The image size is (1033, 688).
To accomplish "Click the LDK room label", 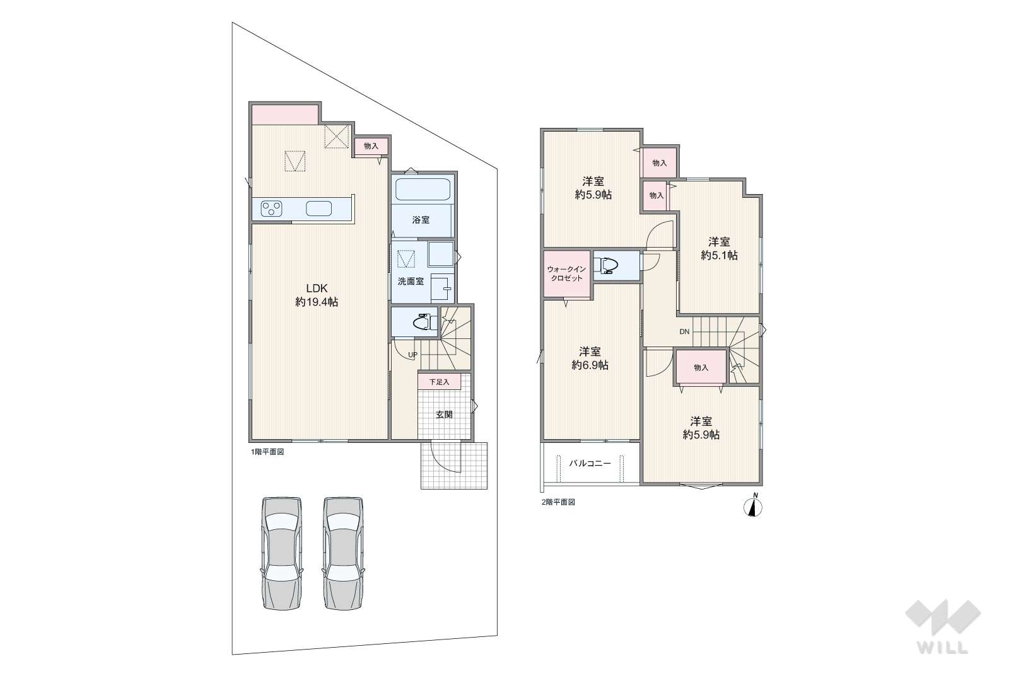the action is pos(317,295).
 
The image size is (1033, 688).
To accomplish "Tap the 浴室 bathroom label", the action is pos(421,221).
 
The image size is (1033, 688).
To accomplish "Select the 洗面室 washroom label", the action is pos(411,281).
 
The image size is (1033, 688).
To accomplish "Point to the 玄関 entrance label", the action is pos(444,415).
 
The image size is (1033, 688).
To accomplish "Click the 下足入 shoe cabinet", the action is pos(439,382).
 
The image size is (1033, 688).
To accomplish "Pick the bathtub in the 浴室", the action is pos(423,190).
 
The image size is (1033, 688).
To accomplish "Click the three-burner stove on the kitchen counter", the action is pos(272,209).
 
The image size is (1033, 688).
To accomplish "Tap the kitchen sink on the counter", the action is pos(318,209).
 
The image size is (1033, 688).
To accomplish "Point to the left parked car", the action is pos(282,553).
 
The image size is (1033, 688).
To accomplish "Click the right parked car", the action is pos(343,553).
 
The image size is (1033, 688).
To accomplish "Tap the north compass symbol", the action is pos(753,505).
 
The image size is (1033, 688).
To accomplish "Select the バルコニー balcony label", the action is pos(590,464).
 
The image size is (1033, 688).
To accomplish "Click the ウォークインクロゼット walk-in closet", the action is pos(567,273).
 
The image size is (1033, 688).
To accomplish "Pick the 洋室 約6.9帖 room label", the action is pos(590,358).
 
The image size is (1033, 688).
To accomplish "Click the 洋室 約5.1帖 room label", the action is pos(719,248).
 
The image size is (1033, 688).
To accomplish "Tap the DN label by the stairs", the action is pos(684,332).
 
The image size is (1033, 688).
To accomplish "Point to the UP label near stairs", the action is pos(412,355).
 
